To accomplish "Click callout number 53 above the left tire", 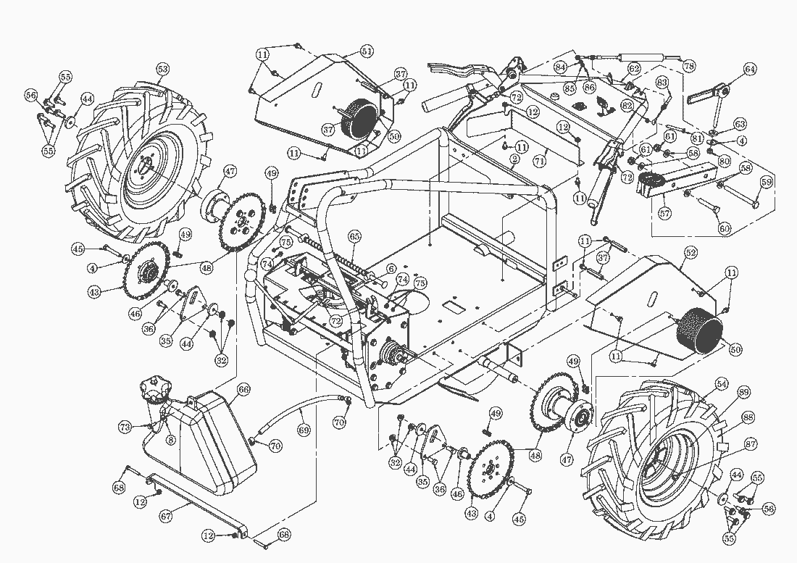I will [162, 69].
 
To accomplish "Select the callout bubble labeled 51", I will [367, 51].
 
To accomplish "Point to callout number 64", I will [749, 70].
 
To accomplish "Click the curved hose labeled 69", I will [297, 413].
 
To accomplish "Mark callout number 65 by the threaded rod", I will [354, 235].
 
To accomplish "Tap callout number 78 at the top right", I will [689, 66].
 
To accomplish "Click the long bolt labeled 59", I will [732, 195].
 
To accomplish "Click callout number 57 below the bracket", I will [664, 214].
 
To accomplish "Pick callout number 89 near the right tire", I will [743, 393].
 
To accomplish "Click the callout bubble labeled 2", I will [514, 158].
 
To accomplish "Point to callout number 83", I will [662, 83].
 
